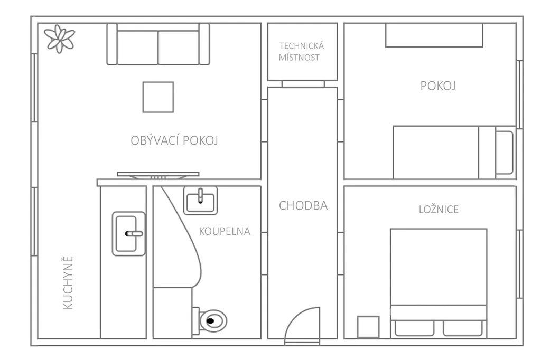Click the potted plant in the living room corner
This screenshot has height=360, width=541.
tap(59, 39)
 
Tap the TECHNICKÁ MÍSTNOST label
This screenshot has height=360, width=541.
tap(301, 52)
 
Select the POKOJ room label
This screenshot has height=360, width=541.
tap(438, 86)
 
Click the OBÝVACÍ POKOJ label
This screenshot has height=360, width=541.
tap(174, 140)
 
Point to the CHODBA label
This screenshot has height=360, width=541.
tap(303, 205)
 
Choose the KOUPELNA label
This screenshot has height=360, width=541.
tap(225, 231)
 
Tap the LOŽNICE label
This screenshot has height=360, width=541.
tap(439, 210)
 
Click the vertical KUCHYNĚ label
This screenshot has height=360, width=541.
tap(68, 283)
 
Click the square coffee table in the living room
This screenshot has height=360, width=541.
tap(158, 97)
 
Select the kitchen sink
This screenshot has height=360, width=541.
tap(129, 234)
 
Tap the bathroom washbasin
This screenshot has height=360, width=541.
tap(200, 201)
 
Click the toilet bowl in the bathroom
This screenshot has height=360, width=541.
tap(212, 321)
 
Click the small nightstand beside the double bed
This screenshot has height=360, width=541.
tap(368, 327)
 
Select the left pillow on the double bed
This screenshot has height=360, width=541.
tap(414, 328)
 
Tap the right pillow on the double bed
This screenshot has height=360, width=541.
tap(462, 328)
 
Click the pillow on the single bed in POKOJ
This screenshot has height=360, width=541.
tap(504, 153)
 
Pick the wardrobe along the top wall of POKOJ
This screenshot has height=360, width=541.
tap(434, 35)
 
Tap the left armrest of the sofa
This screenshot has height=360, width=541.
tap(112, 44)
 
